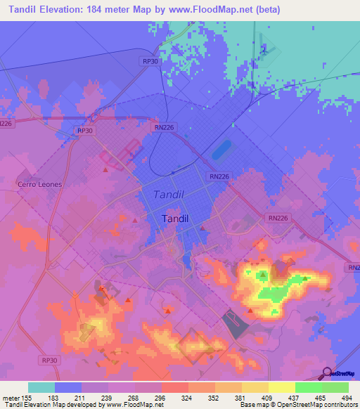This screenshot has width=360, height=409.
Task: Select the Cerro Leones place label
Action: pos(39,184)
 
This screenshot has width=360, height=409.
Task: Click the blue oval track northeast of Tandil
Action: pos(221,150)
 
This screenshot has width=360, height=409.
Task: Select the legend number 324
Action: pos(188,397)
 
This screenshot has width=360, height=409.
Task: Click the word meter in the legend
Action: pos(13,397)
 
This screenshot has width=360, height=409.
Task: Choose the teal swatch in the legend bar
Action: pos(41,387)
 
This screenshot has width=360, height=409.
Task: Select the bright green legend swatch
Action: pos(309,387)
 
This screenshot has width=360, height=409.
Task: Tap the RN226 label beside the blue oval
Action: pos(218,177)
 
